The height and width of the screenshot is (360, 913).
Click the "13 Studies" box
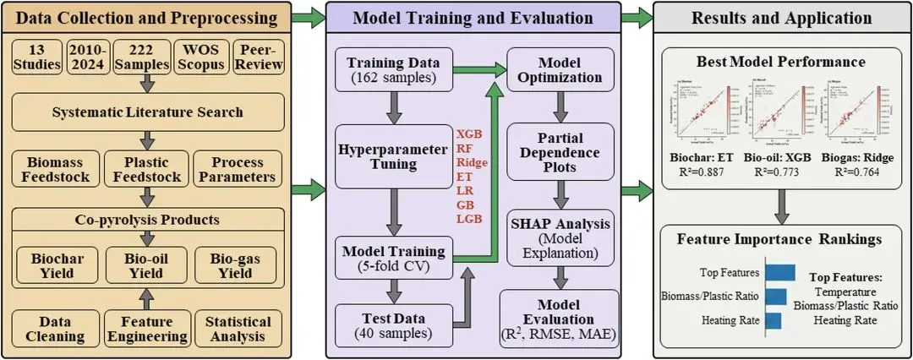39,56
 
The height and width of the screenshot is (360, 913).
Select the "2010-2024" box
88,56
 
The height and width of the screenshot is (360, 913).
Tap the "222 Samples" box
145,56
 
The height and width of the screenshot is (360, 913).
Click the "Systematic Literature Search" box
148,112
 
